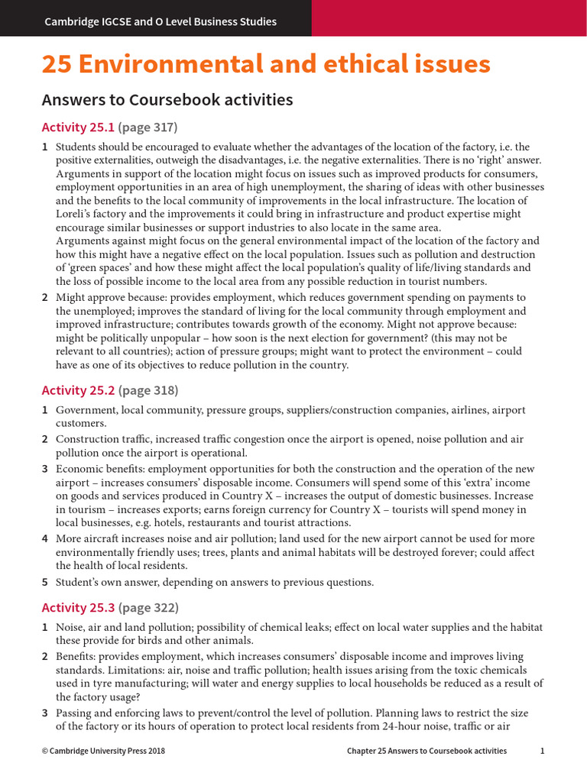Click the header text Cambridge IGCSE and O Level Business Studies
(161, 21)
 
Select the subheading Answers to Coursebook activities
(167, 100)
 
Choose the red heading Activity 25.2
(78, 390)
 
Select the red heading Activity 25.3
(78, 608)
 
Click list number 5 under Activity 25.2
(45, 583)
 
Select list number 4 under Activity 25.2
(45, 539)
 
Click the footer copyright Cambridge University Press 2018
(103, 751)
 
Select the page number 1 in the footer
(542, 751)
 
